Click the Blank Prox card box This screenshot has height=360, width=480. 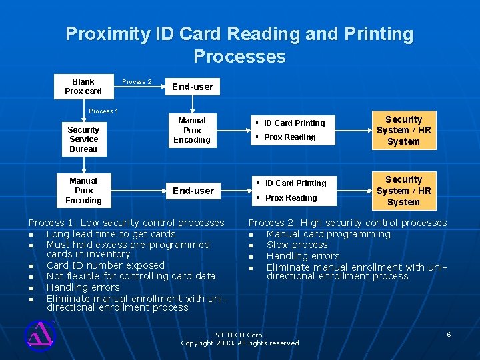pyautogui.click(x=83, y=87)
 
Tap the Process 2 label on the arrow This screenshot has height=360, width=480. pyautogui.click(x=137, y=82)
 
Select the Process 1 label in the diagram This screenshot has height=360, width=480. pyautogui.click(x=103, y=111)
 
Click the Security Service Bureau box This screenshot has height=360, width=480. pyautogui.click(x=83, y=139)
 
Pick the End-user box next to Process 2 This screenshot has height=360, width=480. pyautogui.click(x=193, y=86)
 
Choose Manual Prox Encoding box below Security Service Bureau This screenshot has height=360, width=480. pyautogui.click(x=83, y=191)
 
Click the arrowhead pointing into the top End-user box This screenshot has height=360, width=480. pyautogui.click(x=162, y=87)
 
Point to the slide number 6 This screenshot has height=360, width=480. pyautogui.click(x=449, y=334)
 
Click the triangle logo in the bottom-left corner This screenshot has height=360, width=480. pyautogui.click(x=39, y=335)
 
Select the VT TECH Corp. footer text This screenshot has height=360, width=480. pyautogui.click(x=239, y=334)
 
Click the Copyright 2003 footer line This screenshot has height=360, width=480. pyautogui.click(x=239, y=343)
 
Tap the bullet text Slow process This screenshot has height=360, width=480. pyautogui.click(x=297, y=245)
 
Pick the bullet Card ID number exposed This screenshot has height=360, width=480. pyautogui.click(x=105, y=265)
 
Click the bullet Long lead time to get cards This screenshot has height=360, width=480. pyautogui.click(x=111, y=234)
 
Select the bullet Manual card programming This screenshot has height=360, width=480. pyautogui.click(x=328, y=234)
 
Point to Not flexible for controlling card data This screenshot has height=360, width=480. pyautogui.click(x=131, y=276)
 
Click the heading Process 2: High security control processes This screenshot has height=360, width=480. pyautogui.click(x=347, y=223)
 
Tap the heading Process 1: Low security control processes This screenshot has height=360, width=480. pyautogui.click(x=126, y=223)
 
